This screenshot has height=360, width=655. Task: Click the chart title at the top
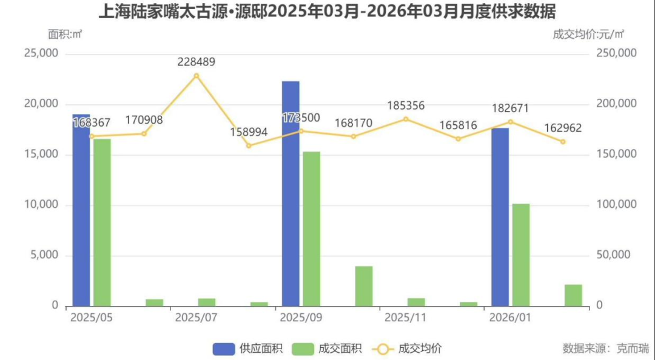pyautogui.click(x=327, y=12)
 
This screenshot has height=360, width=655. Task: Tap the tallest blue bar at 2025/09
pyautogui.click(x=291, y=193)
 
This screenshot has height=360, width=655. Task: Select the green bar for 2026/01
pyautogui.click(x=521, y=255)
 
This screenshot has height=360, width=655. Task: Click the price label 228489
pyautogui.click(x=196, y=62)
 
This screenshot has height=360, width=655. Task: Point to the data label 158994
pyautogui.click(x=249, y=132)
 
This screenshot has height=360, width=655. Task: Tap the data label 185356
pyautogui.click(x=406, y=106)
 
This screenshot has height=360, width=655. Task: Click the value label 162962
pyautogui.click(x=563, y=128)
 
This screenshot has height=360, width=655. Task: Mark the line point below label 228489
pyautogui.click(x=196, y=76)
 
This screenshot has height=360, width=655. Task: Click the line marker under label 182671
pyautogui.click(x=511, y=122)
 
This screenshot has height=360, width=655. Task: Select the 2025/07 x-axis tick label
pyautogui.click(x=196, y=318)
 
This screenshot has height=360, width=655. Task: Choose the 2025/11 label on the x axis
pyautogui.click(x=406, y=318)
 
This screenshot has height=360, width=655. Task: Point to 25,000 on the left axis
pyautogui.click(x=41, y=53)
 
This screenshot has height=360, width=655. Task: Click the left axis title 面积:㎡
pyautogui.click(x=65, y=35)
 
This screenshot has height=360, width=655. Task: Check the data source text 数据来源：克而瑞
pyautogui.click(x=605, y=348)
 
